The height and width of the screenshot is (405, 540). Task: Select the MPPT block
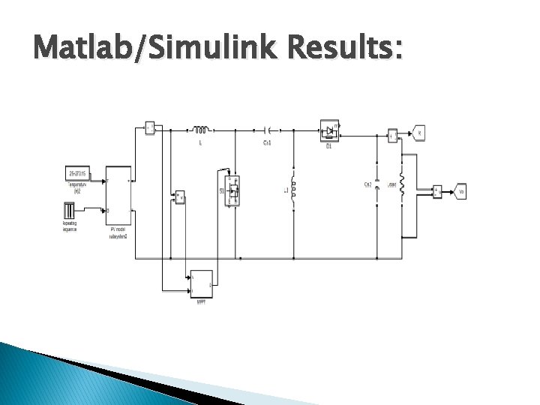coord(200,282)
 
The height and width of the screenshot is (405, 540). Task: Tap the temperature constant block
coord(78,173)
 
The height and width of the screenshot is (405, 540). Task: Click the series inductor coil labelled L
coord(200,128)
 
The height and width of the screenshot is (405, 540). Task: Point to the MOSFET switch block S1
coord(234,190)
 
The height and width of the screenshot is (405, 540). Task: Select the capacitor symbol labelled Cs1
coord(266,129)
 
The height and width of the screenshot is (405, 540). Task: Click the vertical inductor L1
coord(293,192)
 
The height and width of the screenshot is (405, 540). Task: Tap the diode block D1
coord(329,130)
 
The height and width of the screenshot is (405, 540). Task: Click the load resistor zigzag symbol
coord(402,184)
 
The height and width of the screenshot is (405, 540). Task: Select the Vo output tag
coord(460,192)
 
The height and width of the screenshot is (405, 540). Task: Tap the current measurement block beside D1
coord(391,136)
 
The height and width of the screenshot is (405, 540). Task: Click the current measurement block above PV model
coord(149,127)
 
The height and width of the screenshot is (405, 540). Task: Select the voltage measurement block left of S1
coord(179,198)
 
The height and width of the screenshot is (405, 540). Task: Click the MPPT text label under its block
coord(200,301)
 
